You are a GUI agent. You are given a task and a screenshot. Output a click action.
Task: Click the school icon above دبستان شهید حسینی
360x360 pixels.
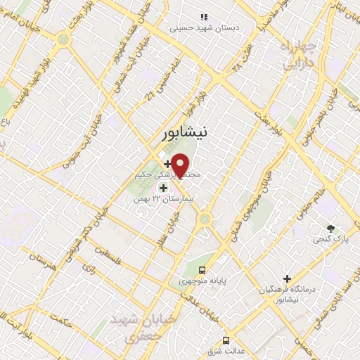(204, 16)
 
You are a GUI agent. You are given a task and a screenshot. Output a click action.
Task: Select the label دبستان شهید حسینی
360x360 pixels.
(207, 29)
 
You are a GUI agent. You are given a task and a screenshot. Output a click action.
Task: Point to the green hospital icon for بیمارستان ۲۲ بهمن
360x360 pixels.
(163, 188)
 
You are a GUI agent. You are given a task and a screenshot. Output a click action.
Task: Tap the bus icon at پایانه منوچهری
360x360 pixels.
(202, 270)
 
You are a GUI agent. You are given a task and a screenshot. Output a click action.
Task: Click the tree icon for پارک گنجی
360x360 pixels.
(330, 228)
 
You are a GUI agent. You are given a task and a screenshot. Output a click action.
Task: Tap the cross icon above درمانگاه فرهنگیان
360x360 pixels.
(287, 278)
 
